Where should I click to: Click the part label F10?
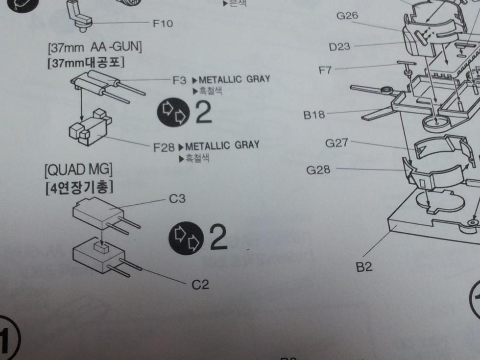tap(163, 23)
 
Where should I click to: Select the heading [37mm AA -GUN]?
tap(95, 48)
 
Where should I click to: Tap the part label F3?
tap(179, 80)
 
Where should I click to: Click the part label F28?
tap(164, 147)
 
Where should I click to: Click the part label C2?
tap(200, 285)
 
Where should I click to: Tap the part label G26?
tap(347, 16)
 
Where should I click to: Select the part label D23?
tap(339, 47)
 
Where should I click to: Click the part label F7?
tap(325, 70)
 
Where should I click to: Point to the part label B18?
tap(314, 116)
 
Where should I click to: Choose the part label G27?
tap(336, 143)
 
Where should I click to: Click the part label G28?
tap(318, 170)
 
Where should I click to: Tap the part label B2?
tap(364, 267)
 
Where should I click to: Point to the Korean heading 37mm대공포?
tap(86, 64)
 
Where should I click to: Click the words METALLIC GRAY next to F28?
tap(222, 145)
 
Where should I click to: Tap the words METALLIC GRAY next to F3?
tap(234, 79)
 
